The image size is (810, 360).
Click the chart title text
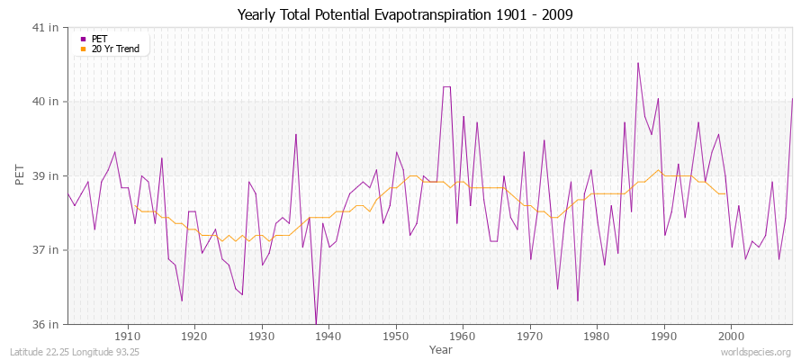[x=404, y=14]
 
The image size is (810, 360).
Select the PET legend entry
[x=99, y=39]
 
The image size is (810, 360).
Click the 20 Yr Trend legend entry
[x=115, y=49]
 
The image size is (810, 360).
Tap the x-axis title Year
[x=441, y=349]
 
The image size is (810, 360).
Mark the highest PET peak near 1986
[x=638, y=63]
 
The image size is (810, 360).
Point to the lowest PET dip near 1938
[x=316, y=323]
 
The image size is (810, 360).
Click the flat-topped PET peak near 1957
[x=446, y=87]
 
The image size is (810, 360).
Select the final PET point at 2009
[x=792, y=99]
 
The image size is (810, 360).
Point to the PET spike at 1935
[x=295, y=135]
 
